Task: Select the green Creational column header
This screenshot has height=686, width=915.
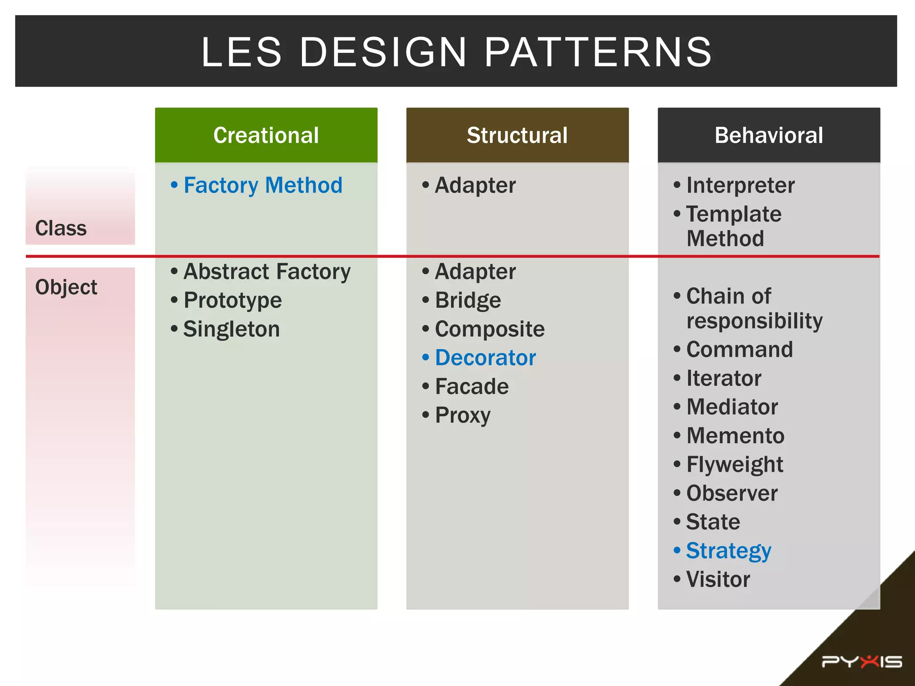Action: coord(266,135)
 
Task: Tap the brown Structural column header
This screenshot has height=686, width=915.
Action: coord(517,135)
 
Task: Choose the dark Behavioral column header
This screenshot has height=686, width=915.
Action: coord(768,135)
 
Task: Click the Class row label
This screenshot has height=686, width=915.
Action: coord(61,228)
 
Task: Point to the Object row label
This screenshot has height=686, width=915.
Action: coord(66,287)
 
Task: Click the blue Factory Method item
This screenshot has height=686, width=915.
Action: coord(263,185)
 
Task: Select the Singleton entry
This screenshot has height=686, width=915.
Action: coord(231,329)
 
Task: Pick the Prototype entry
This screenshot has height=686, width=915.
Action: coord(232,300)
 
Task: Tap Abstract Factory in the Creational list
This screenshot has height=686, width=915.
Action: coord(267,272)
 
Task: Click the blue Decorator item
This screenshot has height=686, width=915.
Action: coord(485,358)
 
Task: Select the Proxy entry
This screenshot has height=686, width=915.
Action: coord(462,415)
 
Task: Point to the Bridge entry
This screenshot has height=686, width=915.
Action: coord(468,300)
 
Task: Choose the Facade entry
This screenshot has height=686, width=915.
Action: coord(472,386)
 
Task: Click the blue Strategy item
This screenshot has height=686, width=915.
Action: coord(728,551)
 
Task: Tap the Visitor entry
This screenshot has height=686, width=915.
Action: coord(718,579)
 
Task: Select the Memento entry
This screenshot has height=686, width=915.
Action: coord(735,435)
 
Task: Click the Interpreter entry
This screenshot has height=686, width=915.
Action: coord(740,185)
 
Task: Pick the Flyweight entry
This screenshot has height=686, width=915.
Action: coord(735,464)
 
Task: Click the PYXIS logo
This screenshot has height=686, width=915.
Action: coord(862,661)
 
